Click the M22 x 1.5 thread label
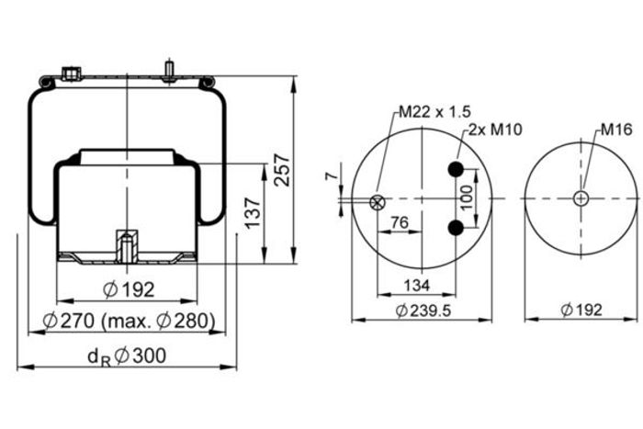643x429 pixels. click(434, 111)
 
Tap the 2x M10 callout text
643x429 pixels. click(495, 130)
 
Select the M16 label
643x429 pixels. click(616, 130)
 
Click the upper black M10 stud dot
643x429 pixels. click(456, 168)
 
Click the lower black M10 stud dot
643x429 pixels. click(456, 228)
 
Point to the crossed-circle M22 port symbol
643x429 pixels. click(377, 202)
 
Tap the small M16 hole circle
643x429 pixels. click(581, 198)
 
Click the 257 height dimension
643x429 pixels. click(282, 170)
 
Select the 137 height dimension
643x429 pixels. click(253, 212)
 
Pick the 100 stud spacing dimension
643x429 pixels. click(467, 198)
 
